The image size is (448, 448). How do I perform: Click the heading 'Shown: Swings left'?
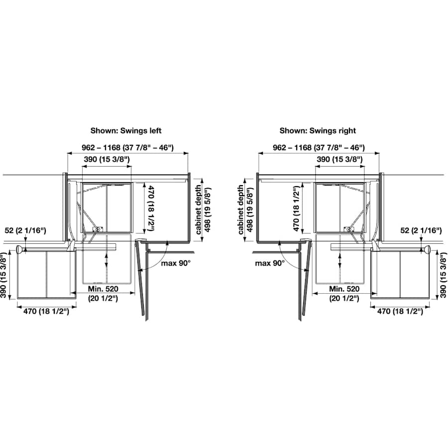125,131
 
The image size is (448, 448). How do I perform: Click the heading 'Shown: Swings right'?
318,131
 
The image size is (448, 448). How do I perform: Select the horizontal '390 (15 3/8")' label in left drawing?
106,159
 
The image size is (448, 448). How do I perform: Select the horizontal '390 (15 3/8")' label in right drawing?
339,159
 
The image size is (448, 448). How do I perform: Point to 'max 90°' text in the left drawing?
175,262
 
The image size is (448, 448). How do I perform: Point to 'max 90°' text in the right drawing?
269,262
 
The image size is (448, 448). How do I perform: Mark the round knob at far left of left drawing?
18,249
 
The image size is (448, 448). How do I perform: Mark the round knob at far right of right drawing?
428,249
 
